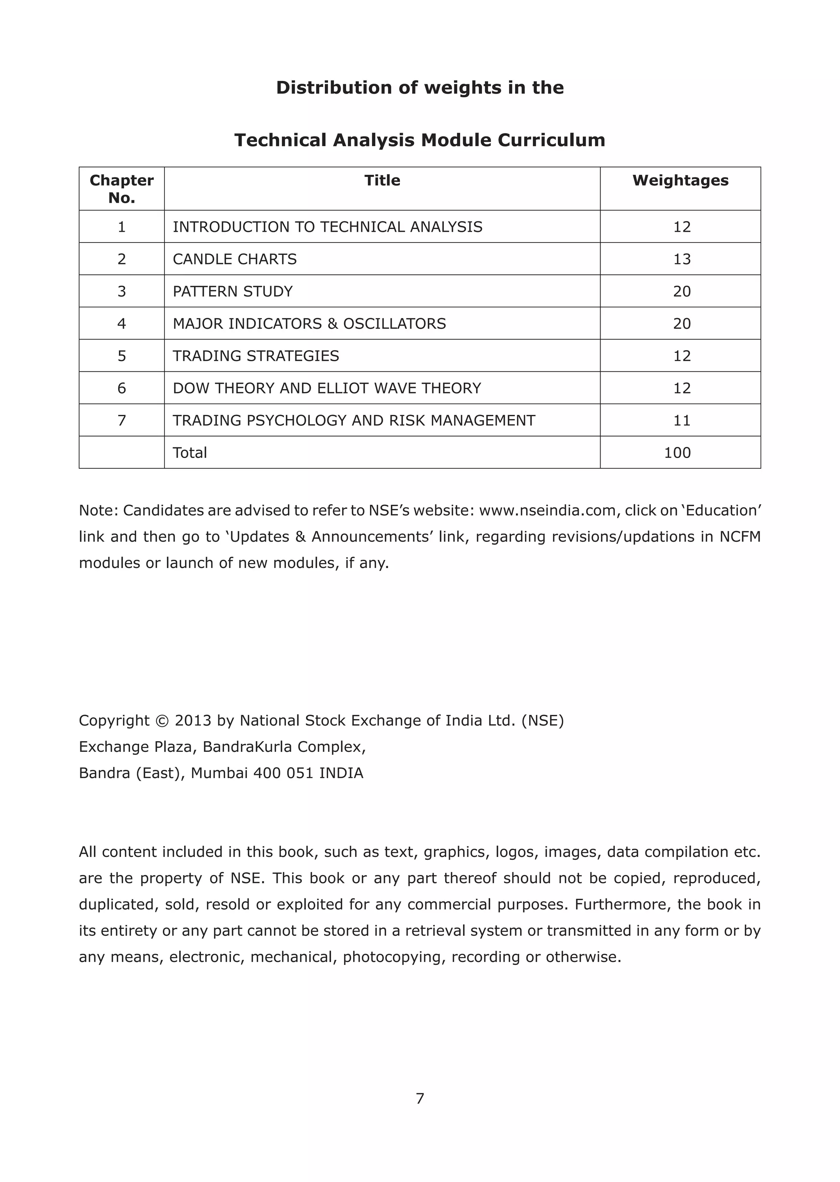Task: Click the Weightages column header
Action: click(x=680, y=181)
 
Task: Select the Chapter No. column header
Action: click(x=121, y=189)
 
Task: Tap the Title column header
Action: click(x=382, y=181)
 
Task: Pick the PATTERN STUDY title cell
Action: click(x=232, y=291)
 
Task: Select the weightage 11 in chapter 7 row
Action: click(x=681, y=420)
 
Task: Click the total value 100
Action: click(x=677, y=453)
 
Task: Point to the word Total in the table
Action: click(x=189, y=453)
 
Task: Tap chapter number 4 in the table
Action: click(x=121, y=324)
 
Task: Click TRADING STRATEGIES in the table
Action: click(x=256, y=356)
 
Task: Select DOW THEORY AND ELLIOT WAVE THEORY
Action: click(x=326, y=388)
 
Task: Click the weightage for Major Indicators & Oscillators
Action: click(x=681, y=324)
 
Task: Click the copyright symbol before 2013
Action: click(x=162, y=721)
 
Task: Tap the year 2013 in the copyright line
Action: click(x=192, y=721)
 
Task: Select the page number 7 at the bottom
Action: click(x=420, y=1098)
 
